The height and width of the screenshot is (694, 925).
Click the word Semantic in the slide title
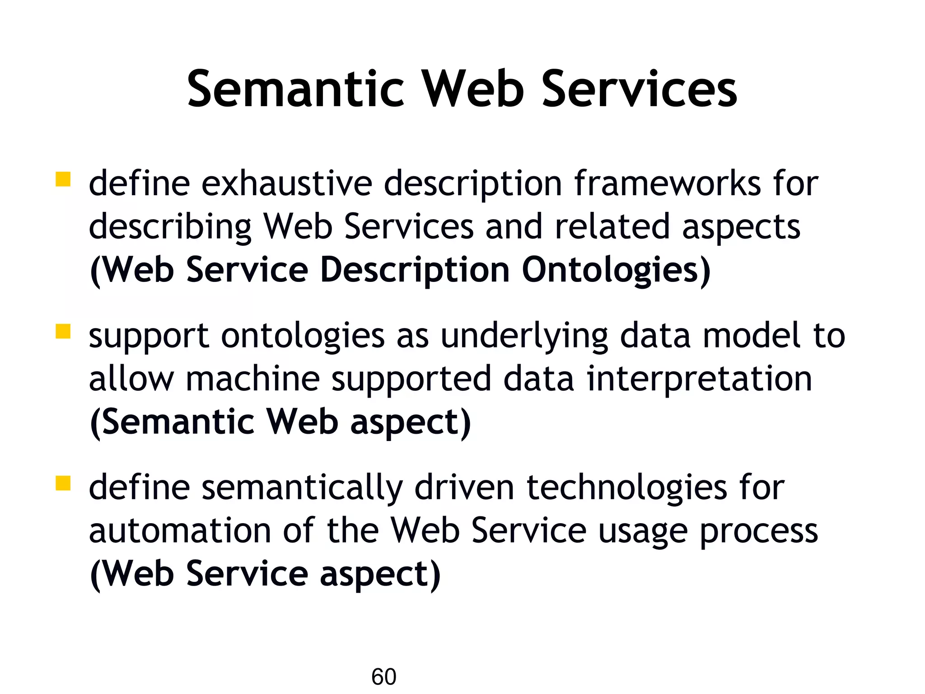[296, 89]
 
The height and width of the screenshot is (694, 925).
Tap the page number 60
[383, 677]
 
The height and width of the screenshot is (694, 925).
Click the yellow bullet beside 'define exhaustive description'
[63, 179]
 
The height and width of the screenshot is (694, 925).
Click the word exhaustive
[287, 183]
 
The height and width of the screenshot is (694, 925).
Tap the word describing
[170, 227]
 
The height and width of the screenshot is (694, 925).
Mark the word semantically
[302, 488]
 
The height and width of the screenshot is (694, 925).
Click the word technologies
[627, 488]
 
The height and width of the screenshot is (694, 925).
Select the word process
[759, 531]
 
